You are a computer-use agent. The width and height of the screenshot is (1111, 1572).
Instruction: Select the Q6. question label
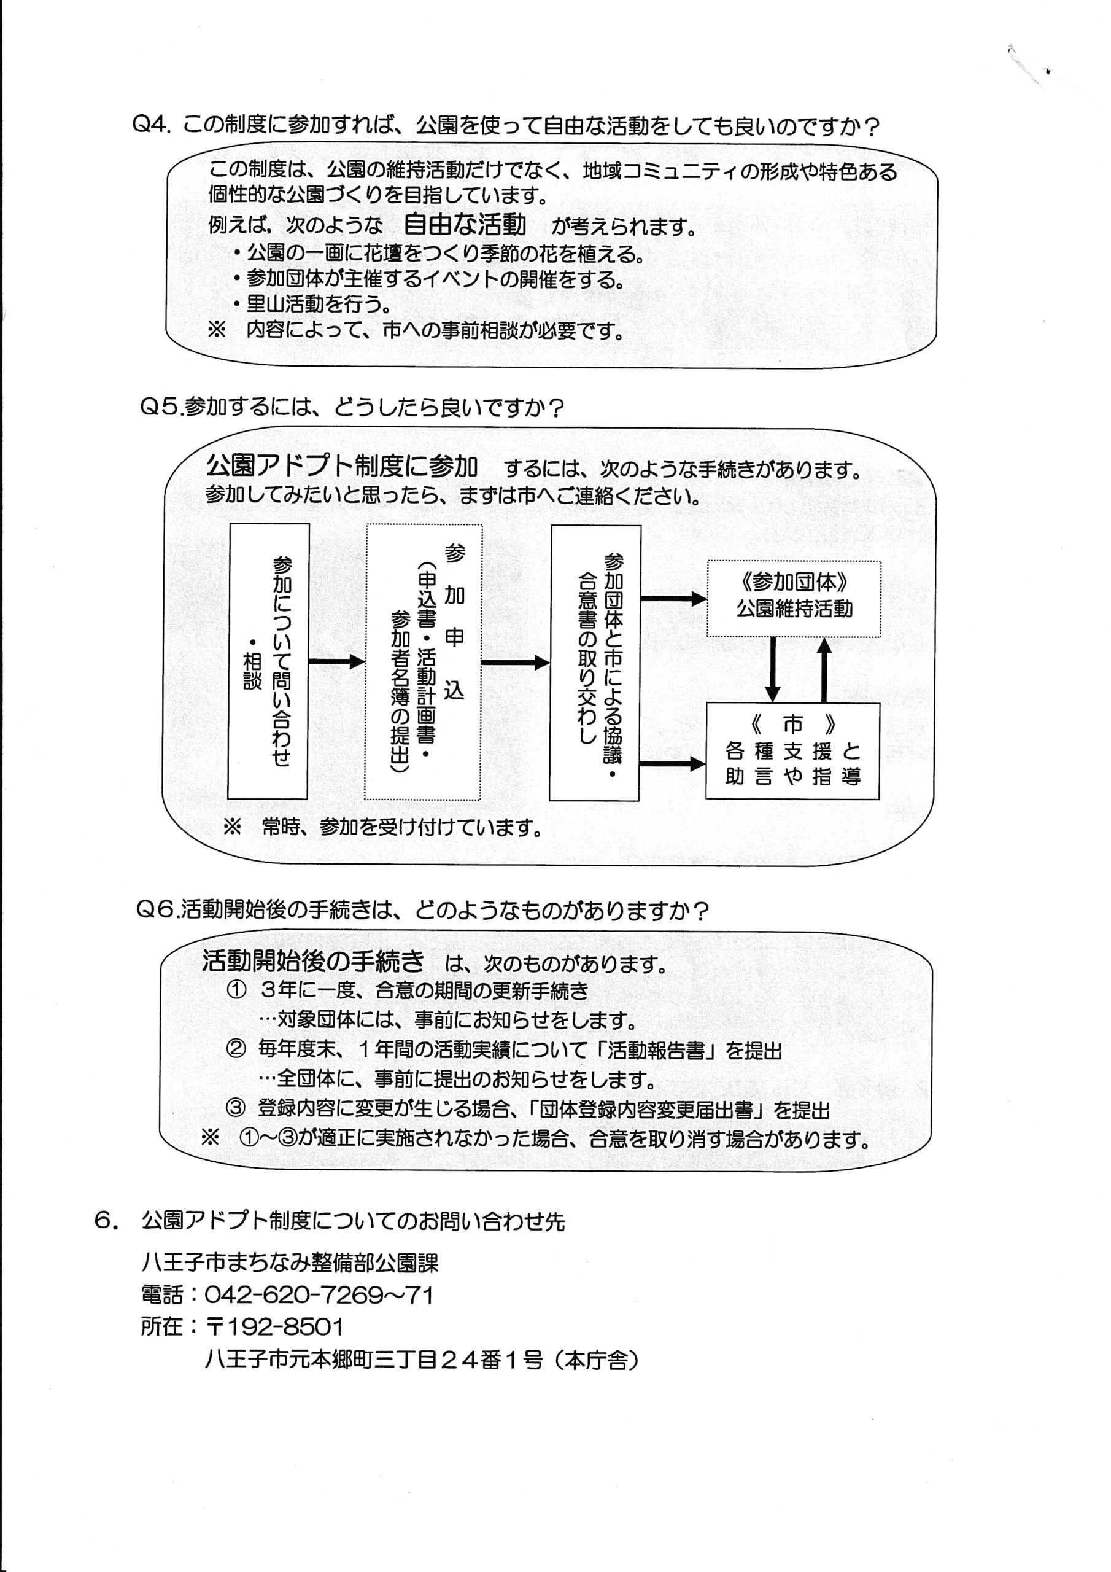click(158, 911)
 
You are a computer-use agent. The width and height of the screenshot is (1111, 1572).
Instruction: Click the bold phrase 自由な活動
click(465, 225)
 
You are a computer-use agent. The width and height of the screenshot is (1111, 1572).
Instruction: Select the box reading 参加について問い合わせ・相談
click(268, 661)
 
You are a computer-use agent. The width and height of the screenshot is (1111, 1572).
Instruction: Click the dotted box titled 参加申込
click(423, 661)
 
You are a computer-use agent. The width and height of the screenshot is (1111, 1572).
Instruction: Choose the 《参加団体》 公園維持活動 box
click(794, 597)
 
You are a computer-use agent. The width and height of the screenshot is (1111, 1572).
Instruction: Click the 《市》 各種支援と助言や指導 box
click(792, 750)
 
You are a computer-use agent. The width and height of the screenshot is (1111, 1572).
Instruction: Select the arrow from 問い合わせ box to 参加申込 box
click(336, 661)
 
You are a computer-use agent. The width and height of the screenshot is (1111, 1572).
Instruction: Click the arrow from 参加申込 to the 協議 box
click(516, 662)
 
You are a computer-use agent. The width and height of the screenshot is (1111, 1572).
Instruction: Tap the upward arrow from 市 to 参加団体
click(824, 669)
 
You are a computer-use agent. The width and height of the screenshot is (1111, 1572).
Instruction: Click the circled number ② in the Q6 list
click(236, 1049)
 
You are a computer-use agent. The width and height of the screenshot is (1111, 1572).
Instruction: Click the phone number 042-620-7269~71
click(319, 1296)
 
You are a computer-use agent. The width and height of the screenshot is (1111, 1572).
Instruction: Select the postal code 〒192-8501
click(274, 1328)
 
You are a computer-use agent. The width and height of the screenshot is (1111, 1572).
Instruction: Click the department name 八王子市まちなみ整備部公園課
click(290, 1263)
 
